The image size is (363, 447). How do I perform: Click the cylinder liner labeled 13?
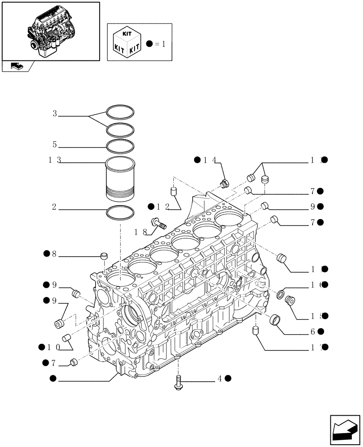[120, 179]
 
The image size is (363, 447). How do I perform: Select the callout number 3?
[55, 114]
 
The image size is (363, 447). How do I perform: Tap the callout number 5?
[55, 145]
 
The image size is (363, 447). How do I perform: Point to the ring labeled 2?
[120, 213]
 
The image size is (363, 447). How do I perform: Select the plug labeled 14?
[224, 182]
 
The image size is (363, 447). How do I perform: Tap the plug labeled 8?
[105, 256]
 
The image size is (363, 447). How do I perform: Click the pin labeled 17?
[256, 332]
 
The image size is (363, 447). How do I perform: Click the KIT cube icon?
[127, 42]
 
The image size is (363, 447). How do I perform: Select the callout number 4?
[219, 379]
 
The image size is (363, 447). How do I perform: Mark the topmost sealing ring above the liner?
[120, 110]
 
